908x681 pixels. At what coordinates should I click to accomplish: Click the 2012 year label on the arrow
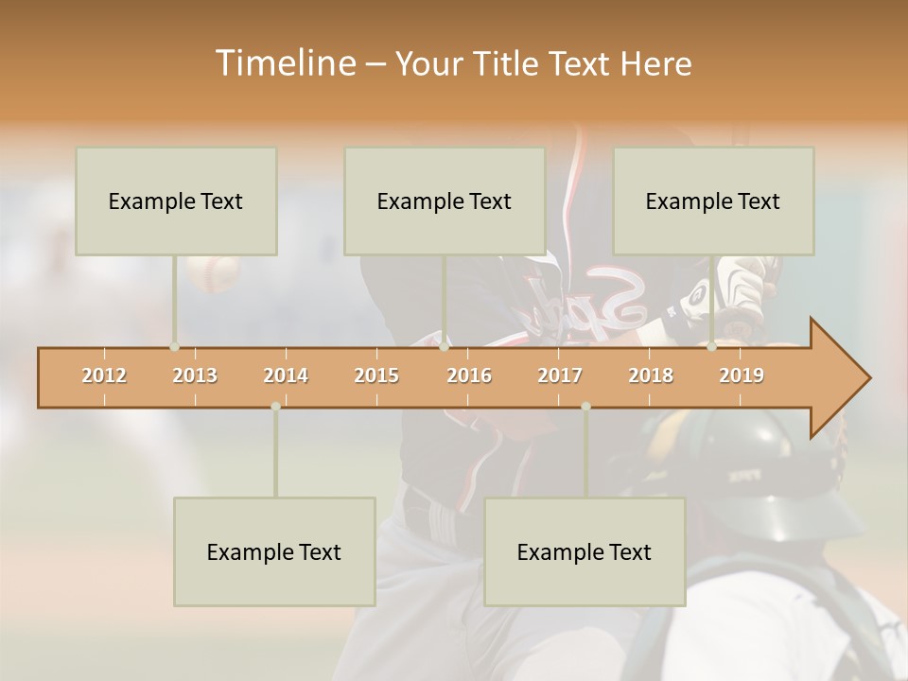(104, 375)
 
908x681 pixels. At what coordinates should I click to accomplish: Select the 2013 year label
(195, 375)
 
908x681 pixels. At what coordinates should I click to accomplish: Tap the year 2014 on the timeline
(286, 375)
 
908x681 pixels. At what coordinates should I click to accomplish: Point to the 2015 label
(376, 375)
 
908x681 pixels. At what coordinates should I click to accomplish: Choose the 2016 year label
(469, 375)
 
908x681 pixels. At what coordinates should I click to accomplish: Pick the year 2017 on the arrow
(560, 375)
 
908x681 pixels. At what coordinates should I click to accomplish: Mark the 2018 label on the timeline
(651, 375)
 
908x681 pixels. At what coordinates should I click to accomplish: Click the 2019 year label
(742, 375)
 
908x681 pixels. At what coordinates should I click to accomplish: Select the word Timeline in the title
(284, 63)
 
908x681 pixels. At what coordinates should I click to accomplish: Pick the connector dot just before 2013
(174, 346)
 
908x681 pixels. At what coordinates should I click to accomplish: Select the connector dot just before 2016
(444, 346)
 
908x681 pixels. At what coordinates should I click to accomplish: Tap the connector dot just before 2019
(712, 346)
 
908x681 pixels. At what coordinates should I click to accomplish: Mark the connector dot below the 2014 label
(275, 407)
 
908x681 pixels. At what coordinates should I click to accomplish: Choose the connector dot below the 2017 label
(585, 407)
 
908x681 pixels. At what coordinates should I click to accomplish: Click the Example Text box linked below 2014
(274, 551)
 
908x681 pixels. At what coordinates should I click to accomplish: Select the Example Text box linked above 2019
(713, 201)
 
